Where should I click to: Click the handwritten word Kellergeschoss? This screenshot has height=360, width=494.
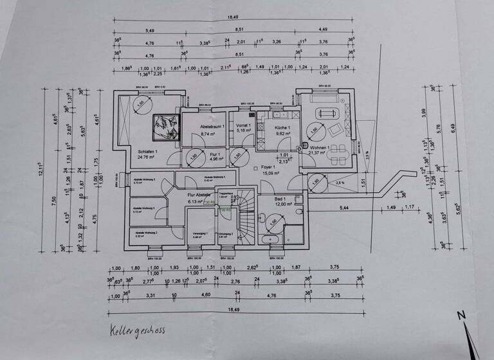pyautogui.click(x=137, y=330)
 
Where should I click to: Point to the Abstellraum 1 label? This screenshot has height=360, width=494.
pyautogui.click(x=212, y=127)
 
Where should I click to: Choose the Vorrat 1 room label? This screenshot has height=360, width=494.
pyautogui.click(x=243, y=126)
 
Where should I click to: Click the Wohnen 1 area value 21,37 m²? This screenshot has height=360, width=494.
pyautogui.click(x=319, y=153)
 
